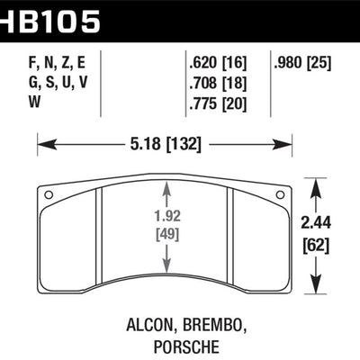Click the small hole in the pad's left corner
pyautogui.click(x=49, y=193)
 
